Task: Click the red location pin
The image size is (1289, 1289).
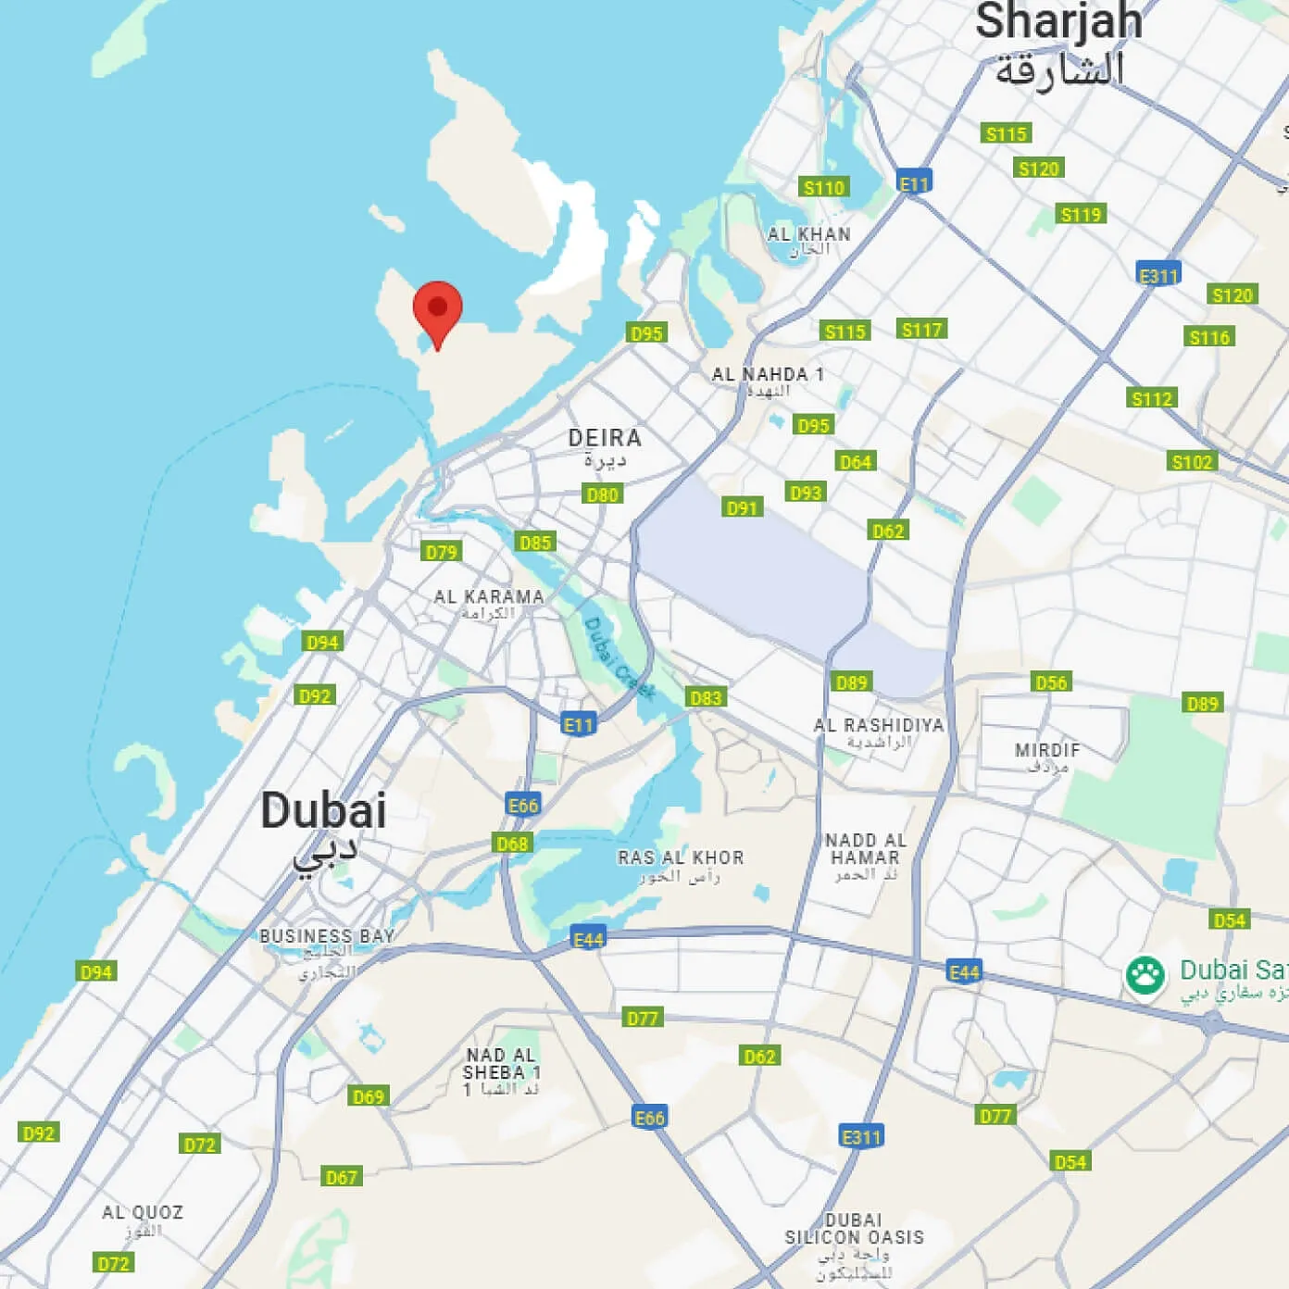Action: click(x=437, y=311)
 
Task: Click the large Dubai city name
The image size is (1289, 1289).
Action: click(x=323, y=811)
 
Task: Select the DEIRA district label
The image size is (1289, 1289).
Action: click(x=605, y=438)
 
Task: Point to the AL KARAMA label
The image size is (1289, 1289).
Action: click(x=489, y=597)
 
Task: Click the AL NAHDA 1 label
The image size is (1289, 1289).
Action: click(x=768, y=375)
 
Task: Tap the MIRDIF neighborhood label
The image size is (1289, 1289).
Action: click(x=1047, y=750)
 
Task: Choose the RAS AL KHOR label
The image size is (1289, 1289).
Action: click(x=681, y=858)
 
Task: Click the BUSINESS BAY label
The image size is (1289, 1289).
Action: click(x=327, y=936)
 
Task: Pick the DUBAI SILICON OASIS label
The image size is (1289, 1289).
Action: click(x=854, y=1229)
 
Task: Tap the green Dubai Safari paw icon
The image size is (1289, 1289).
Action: click(x=1145, y=975)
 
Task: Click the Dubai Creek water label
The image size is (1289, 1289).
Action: click(x=618, y=657)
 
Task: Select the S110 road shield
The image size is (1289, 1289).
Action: click(x=823, y=188)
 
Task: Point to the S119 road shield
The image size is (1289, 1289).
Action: click(x=1081, y=215)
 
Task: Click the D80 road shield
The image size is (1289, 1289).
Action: click(x=603, y=494)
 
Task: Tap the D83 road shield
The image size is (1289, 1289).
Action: click(x=706, y=697)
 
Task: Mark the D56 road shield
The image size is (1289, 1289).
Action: click(x=1051, y=682)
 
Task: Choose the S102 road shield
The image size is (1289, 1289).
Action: click(x=1192, y=462)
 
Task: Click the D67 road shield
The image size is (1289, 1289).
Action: click(x=341, y=1177)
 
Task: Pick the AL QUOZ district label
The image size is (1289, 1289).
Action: click(x=143, y=1213)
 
